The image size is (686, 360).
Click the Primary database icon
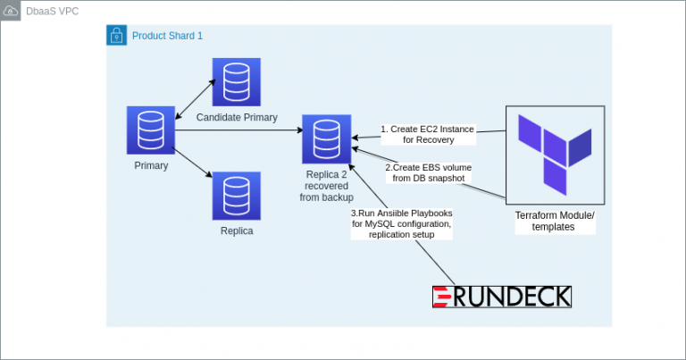coord(150,130)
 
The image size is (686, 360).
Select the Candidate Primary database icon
coord(236,82)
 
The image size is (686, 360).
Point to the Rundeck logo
coord(501,297)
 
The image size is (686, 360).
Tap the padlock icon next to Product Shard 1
coord(116,35)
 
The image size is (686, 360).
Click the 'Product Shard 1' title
coord(167,36)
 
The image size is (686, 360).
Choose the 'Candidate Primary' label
coord(237,117)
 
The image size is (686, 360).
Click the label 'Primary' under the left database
coord(151,165)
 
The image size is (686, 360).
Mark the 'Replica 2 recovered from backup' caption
coord(326,185)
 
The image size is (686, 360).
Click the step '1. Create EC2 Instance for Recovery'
coord(428,134)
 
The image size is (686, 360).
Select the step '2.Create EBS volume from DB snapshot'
coord(428,172)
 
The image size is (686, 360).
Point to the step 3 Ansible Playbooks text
coord(401,224)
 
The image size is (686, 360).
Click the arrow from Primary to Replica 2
coord(238,131)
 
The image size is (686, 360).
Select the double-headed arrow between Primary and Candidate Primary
coord(193,98)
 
